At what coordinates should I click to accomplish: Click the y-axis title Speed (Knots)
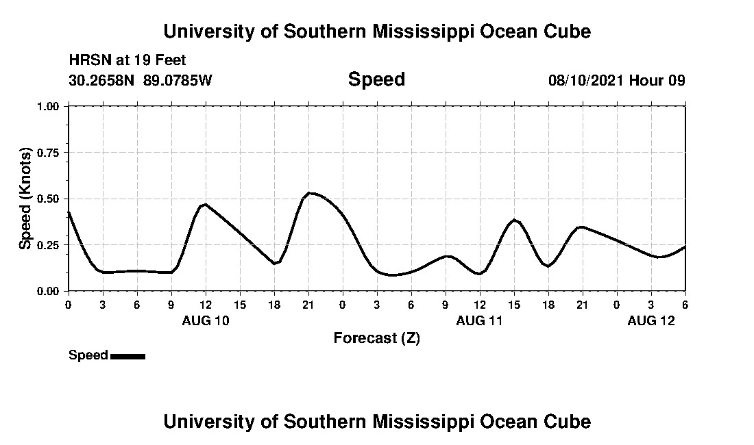(x=25, y=199)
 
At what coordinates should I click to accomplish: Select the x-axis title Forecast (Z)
(x=376, y=338)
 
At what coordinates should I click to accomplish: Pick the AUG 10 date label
(x=206, y=320)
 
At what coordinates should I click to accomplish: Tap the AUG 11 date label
(x=480, y=320)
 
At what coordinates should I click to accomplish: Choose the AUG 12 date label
(x=651, y=320)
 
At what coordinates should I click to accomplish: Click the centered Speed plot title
(x=376, y=79)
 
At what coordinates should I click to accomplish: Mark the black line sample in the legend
(x=127, y=356)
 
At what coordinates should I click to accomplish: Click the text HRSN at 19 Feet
(x=127, y=60)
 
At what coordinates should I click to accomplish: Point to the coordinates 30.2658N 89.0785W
(x=141, y=80)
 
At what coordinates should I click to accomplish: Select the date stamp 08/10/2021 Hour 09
(x=616, y=80)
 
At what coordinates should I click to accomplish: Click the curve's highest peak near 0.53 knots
(x=311, y=193)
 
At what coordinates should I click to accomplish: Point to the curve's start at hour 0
(x=69, y=212)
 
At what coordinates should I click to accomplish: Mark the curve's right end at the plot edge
(x=685, y=246)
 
